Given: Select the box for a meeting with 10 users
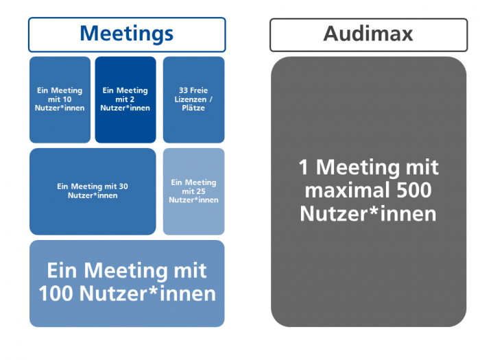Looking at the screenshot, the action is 60,99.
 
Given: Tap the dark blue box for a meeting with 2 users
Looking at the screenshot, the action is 125,99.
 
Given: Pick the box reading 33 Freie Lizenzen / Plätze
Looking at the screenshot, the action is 194,99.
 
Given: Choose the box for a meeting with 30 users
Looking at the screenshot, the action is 93,191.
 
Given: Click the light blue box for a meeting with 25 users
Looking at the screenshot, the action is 194,191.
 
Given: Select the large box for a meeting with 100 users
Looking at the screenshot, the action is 127,283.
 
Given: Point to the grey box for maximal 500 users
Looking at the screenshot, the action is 369,191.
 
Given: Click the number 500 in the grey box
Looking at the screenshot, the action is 414,190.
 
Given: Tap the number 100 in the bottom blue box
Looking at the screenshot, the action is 57,293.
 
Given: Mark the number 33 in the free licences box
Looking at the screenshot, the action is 183,91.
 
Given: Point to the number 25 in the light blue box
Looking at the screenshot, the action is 200,191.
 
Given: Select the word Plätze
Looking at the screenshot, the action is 193,108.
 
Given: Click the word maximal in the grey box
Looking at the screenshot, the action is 348,190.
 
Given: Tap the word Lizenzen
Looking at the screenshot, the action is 191,99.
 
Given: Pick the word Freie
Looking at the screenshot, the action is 199,91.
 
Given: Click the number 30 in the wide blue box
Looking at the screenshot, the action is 123,187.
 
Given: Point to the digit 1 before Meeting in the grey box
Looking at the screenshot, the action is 303,167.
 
